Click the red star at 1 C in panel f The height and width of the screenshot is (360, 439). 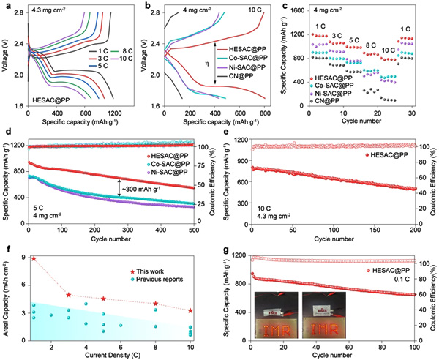[x=34, y=258]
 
